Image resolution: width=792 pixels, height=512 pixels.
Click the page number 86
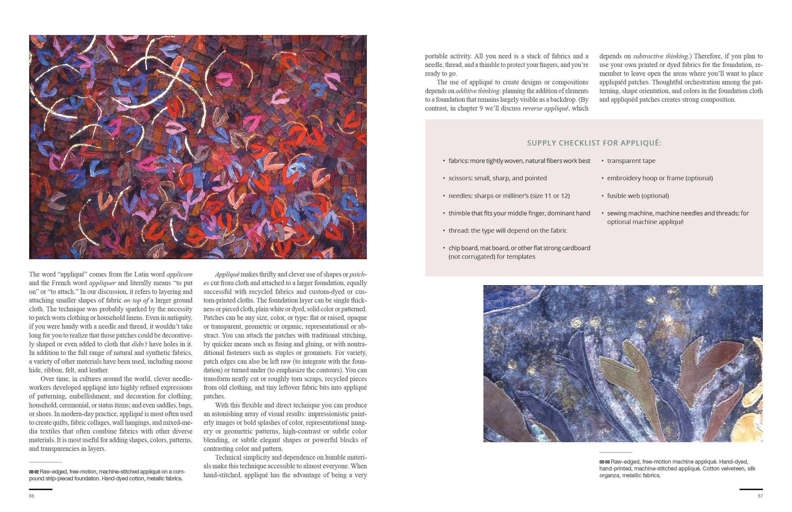click(x=32, y=496)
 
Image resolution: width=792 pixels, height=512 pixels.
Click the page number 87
click(x=760, y=496)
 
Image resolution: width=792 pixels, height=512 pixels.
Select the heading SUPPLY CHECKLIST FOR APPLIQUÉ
click(x=594, y=143)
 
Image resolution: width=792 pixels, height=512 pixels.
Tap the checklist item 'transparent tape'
click(x=631, y=161)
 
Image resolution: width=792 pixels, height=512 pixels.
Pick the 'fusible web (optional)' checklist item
click(x=638, y=196)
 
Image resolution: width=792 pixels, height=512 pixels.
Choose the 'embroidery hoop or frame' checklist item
click(x=660, y=178)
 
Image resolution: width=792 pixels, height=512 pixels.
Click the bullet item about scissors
click(x=497, y=178)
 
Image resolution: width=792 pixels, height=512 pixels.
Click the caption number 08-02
click(x=34, y=472)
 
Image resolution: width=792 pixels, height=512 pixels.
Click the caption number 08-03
click(x=604, y=462)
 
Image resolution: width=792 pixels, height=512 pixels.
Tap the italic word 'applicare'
click(x=180, y=275)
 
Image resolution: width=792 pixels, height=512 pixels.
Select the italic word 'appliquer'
click(x=102, y=283)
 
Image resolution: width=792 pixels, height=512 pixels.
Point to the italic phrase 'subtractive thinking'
click(x=660, y=56)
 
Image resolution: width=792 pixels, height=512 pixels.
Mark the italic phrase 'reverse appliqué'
click(x=545, y=108)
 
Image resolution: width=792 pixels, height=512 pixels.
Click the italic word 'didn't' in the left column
click(x=139, y=344)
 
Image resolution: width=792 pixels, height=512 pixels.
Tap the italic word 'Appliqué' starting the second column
click(x=227, y=275)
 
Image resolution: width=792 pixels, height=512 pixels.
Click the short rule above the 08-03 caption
click(x=615, y=452)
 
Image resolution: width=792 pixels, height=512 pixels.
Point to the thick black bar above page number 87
click(x=751, y=489)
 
